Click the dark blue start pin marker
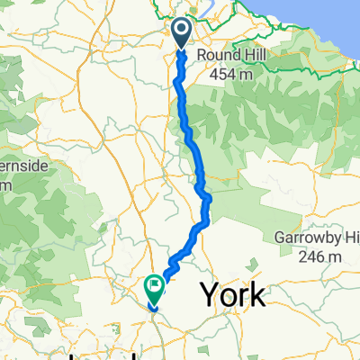pyautogui.click(x=181, y=33)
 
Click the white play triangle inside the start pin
pyautogui.click(x=181, y=32)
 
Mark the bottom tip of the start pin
pyautogui.click(x=181, y=49)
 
